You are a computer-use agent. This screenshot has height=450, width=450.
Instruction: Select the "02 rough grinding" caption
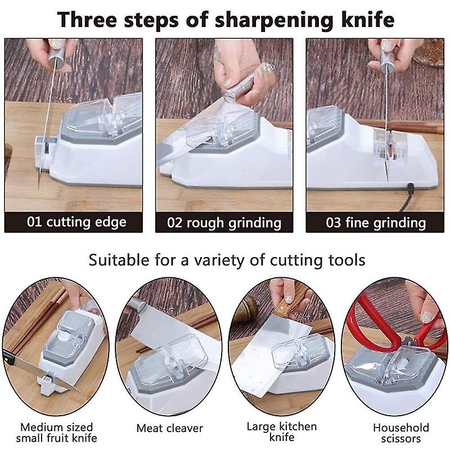click(224, 222)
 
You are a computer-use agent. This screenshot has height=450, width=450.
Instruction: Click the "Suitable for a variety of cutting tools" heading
click(227, 260)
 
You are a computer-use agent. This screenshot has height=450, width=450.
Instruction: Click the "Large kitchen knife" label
click(281, 432)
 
